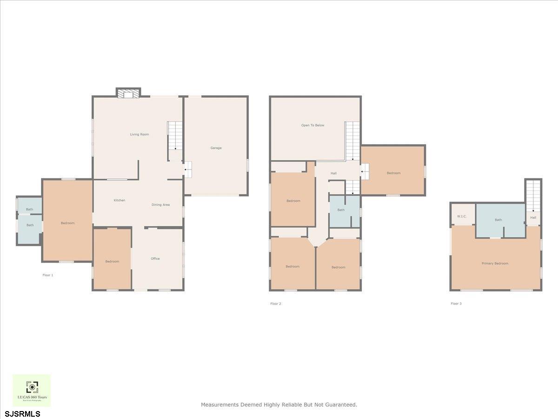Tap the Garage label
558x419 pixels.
216,148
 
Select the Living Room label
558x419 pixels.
139,135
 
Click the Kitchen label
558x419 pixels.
120,200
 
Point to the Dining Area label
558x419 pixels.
160,205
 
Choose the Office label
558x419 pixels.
155,259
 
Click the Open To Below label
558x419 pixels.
312,125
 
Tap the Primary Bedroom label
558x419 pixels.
495,264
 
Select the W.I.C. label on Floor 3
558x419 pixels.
462,216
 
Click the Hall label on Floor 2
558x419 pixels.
333,173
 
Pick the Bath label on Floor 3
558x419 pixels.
498,220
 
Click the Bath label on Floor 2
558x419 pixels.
341,210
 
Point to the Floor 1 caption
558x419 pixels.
48,275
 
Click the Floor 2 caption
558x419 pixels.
276,304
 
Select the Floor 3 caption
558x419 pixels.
456,304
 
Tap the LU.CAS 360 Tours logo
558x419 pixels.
32,390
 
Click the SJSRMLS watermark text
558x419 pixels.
23,413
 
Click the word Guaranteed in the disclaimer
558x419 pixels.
340,405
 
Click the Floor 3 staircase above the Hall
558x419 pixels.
533,196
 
